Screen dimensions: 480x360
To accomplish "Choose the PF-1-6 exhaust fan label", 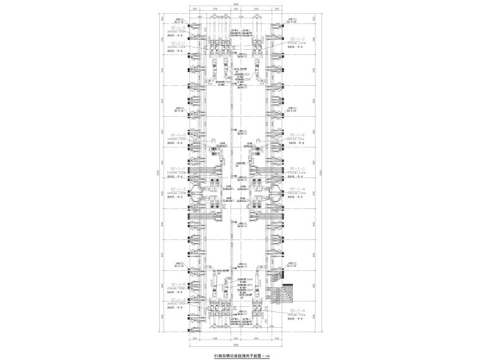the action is [x=297, y=135].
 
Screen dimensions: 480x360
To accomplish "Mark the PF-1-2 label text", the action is [x=297, y=169].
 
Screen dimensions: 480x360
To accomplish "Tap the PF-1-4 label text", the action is [x=297, y=189].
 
